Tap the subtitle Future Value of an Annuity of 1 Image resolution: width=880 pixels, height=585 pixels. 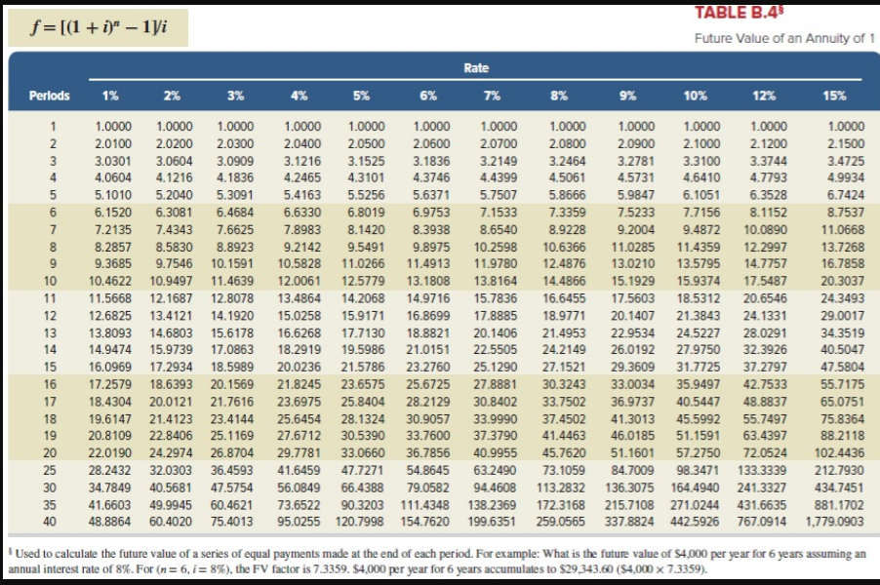[x=780, y=39]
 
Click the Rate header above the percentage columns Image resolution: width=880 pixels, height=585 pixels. [x=476, y=68]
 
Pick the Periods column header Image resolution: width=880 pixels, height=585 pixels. [x=49, y=96]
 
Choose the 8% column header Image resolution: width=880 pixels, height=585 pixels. [x=560, y=96]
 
